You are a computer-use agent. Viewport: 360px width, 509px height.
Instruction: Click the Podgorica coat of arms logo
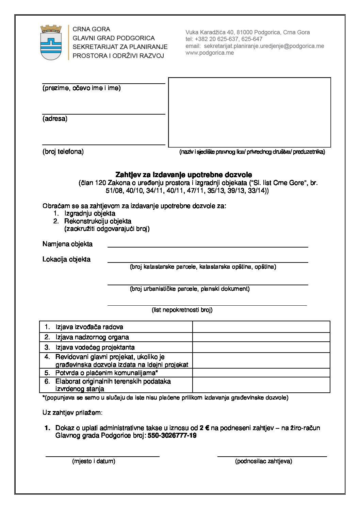pyautogui.click(x=51, y=42)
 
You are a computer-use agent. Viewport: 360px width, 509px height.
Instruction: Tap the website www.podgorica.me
pyautogui.click(x=210, y=53)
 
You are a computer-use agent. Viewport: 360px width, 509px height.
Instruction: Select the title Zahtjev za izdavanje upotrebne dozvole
pyautogui.click(x=184, y=175)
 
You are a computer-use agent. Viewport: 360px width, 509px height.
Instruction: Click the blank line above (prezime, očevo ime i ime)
pyautogui.click(x=103, y=83)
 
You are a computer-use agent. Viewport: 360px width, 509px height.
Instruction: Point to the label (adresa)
pyautogui.click(x=55, y=119)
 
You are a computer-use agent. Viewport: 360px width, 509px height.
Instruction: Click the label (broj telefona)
pyautogui.click(x=63, y=152)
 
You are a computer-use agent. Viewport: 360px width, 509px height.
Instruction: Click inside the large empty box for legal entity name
pyautogui.click(x=249, y=112)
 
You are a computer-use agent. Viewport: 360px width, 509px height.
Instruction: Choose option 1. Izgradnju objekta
pyautogui.click(x=89, y=214)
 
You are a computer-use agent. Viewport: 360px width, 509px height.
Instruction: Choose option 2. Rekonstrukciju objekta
pyautogui.click(x=97, y=221)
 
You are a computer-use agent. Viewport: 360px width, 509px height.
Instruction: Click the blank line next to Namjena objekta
pyautogui.click(x=208, y=246)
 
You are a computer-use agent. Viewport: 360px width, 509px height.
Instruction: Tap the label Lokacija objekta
pyautogui.click(x=66, y=259)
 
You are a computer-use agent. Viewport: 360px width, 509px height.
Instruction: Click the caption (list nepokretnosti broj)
pyautogui.click(x=182, y=310)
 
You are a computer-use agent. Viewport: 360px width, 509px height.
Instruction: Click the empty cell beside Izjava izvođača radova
pyautogui.click(x=261, y=327)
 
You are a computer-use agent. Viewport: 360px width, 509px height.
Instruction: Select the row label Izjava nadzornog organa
pyautogui.click(x=92, y=337)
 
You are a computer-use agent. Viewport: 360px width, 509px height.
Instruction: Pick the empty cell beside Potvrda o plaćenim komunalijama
pyautogui.click(x=261, y=373)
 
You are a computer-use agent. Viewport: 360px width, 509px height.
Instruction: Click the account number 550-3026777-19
pyautogui.click(x=172, y=436)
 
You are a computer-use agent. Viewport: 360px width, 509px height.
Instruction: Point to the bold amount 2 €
pyautogui.click(x=204, y=428)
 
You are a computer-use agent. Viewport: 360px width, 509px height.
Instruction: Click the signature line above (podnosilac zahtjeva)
pyautogui.click(x=272, y=455)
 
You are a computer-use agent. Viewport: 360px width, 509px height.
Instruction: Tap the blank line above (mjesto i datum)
pyautogui.click(x=102, y=455)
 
